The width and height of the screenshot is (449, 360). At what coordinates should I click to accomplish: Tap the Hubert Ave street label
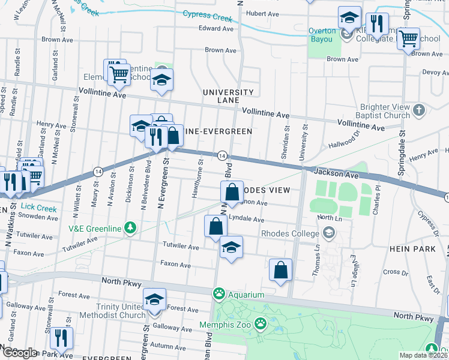(263, 14)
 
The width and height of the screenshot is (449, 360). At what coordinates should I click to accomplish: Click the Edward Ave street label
(215, 28)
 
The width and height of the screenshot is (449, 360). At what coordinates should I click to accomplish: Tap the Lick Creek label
(37, 209)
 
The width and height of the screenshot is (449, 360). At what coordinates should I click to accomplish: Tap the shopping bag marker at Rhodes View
(232, 193)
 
